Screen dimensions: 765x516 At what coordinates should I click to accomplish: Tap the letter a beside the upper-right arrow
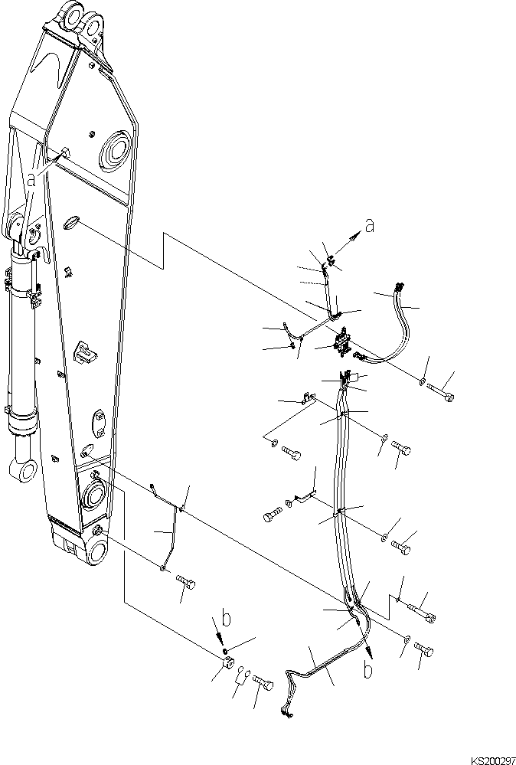coord(370,226)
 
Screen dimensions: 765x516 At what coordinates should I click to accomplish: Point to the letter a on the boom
coord(31,179)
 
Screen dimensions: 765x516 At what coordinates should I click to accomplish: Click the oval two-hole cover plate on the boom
coord(99,420)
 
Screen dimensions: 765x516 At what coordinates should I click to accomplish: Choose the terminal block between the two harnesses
coord(341,342)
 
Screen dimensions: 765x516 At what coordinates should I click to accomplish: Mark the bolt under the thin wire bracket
coord(185,584)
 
